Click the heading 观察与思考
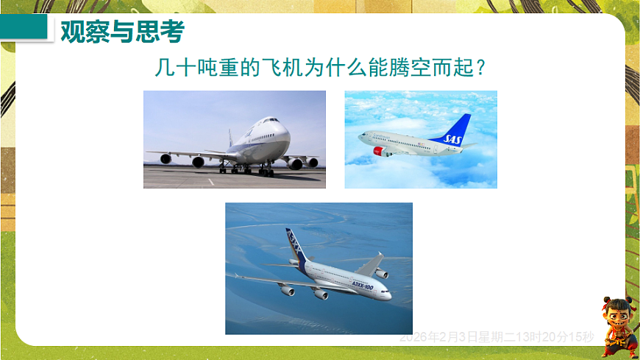pos(121,32)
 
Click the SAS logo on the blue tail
pos(454,136)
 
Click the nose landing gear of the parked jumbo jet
pos(266,171)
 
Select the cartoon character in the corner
pos(616,327)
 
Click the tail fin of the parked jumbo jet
pos(230,138)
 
